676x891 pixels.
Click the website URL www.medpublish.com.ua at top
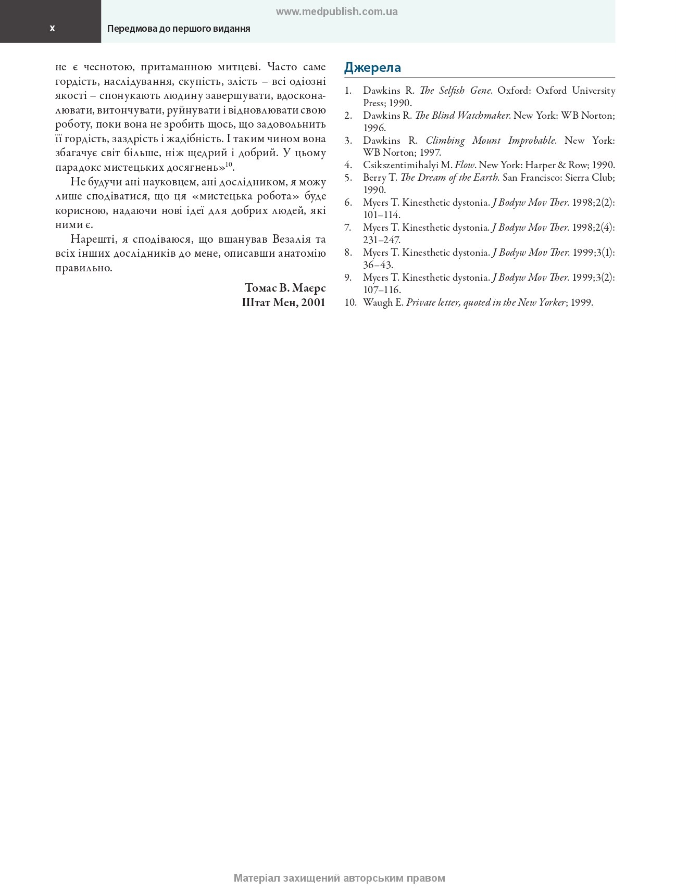coord(336,12)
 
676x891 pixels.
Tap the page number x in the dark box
coord(52,28)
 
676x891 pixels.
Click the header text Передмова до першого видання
coord(179,29)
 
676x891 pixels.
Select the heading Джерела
coord(372,67)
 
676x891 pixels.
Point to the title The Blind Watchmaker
coord(462,116)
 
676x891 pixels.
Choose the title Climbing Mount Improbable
coord(490,141)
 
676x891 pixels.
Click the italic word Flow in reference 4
coord(465,165)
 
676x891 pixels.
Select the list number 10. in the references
coord(350,303)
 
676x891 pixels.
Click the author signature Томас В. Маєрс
coord(285,288)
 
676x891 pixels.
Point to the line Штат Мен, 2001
coord(283,303)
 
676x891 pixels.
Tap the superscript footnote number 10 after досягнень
coord(229,165)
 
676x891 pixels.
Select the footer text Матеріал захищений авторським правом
coord(339,878)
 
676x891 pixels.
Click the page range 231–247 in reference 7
coord(381,240)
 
